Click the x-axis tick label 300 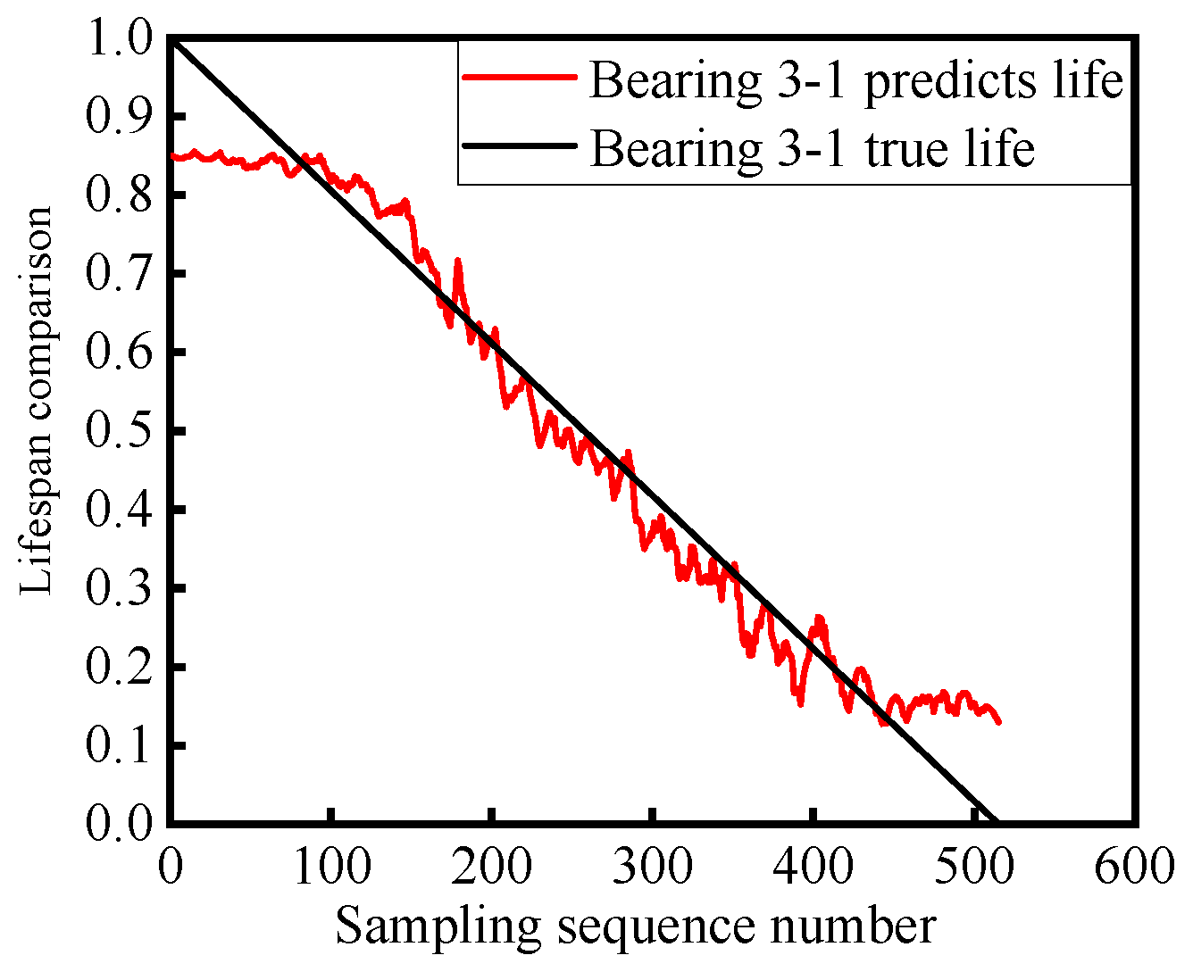tap(652, 866)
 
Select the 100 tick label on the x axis tap(330, 866)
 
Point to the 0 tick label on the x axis tap(171, 866)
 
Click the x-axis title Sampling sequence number tap(635, 926)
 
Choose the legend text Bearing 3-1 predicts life tap(855, 80)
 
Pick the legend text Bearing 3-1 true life tap(812, 148)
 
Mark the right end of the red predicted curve tap(999, 721)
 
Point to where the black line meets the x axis tap(995, 820)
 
